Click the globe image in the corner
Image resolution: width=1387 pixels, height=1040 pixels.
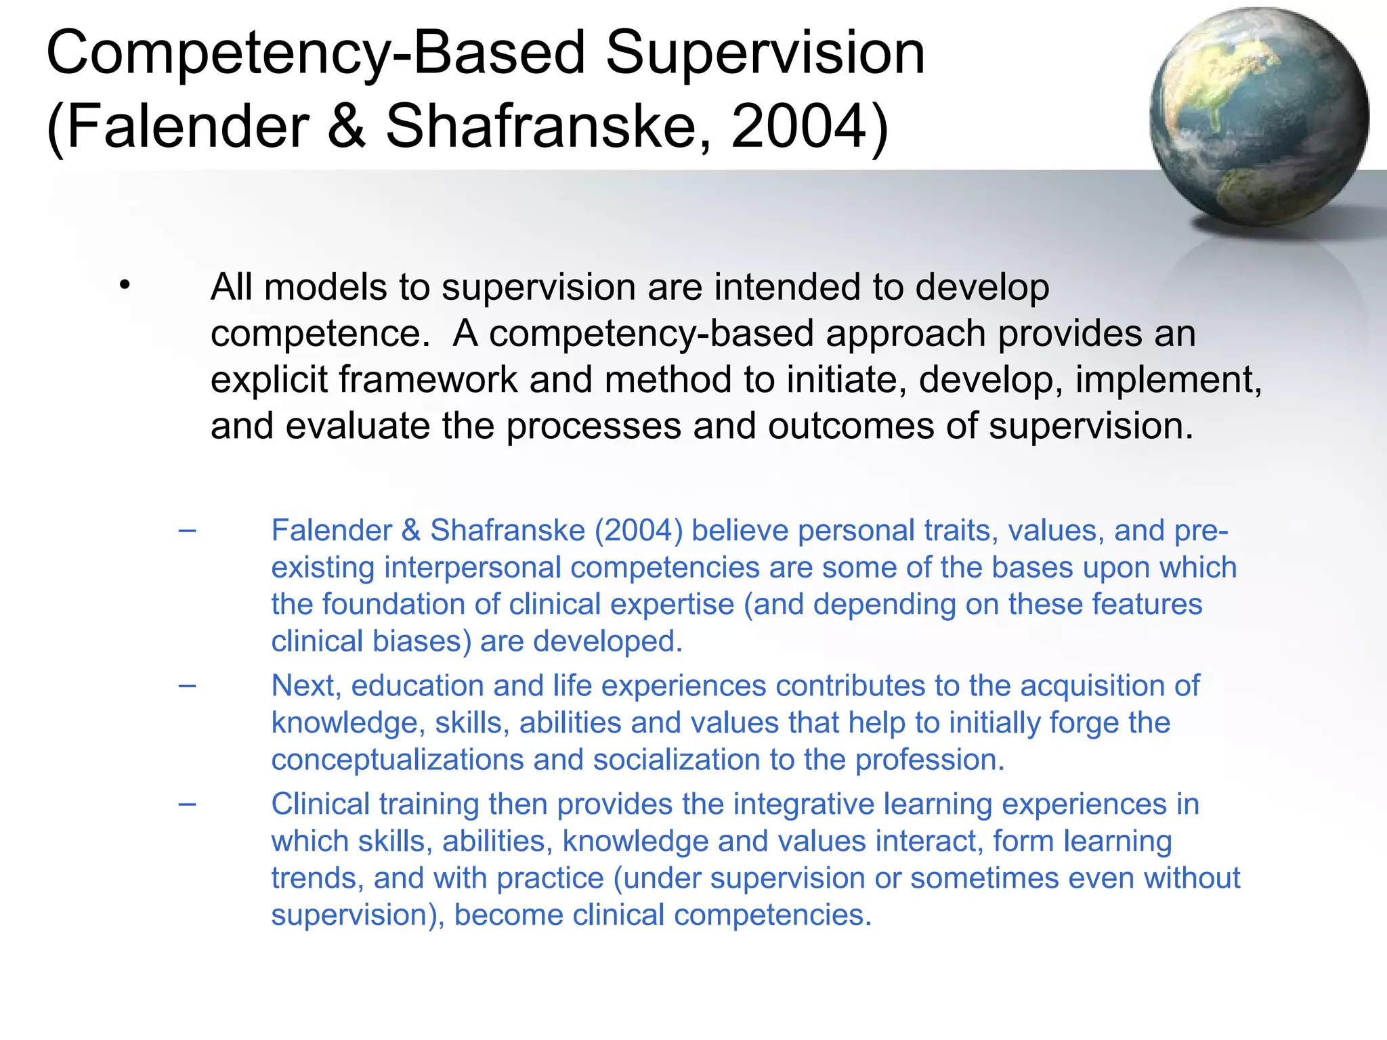(1258, 116)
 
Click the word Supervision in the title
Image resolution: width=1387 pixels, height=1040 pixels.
(765, 54)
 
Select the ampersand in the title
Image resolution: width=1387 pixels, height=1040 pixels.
(347, 127)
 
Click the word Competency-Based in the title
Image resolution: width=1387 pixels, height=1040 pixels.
(316, 54)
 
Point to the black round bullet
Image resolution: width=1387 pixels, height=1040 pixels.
(124, 286)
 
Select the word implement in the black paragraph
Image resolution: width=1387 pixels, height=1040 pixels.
(1164, 380)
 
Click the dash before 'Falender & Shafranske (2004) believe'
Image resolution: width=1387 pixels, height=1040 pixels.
(188, 530)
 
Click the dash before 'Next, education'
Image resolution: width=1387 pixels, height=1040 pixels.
(188, 685)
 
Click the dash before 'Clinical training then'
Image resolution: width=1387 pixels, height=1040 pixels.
(188, 804)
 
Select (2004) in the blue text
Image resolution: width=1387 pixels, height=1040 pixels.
(639, 530)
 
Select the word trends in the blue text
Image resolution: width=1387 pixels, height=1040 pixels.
(314, 878)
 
